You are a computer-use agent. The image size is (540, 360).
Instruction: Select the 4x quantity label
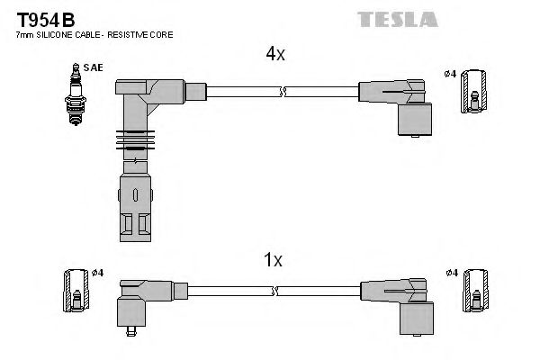click(275, 54)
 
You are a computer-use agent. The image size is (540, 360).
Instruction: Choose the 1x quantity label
click(274, 260)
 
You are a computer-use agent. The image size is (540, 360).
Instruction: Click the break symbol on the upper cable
click(283, 91)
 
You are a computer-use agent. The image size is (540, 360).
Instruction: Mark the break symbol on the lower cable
click(277, 291)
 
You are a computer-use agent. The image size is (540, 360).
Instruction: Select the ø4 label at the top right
click(449, 72)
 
